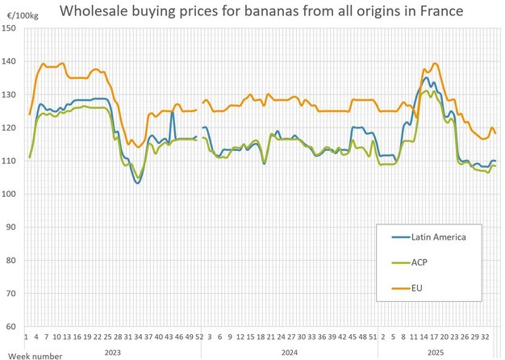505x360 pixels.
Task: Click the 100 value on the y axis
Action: (x=10, y=194)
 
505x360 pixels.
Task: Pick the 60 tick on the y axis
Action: (x=12, y=326)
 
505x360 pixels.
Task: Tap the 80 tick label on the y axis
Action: (x=12, y=260)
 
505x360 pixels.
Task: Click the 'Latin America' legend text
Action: (x=440, y=236)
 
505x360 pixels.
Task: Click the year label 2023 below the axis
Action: (x=114, y=352)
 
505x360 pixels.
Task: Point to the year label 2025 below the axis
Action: (x=435, y=352)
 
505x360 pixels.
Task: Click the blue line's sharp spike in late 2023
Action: (x=173, y=111)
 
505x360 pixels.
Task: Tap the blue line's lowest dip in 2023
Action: (x=137, y=183)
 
